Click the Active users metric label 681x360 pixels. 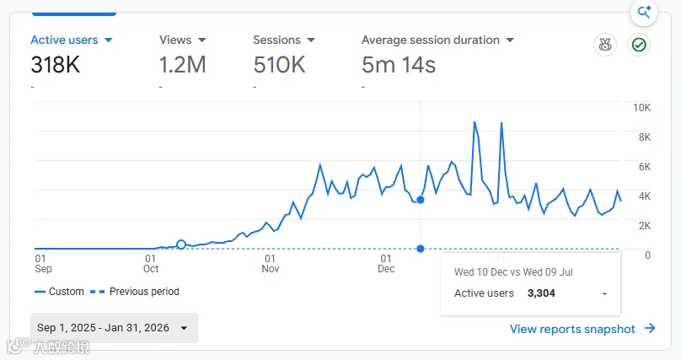(x=64, y=40)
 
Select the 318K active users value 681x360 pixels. (x=56, y=65)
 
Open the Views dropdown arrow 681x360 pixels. (x=202, y=40)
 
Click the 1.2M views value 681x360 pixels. (x=182, y=65)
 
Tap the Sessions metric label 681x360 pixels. (x=276, y=40)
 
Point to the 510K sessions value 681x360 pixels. (x=279, y=65)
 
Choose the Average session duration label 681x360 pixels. (x=431, y=40)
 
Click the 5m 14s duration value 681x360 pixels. (x=399, y=65)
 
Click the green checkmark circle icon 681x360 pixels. (x=639, y=45)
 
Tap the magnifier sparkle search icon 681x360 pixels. (x=644, y=12)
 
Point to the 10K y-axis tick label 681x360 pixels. (x=641, y=108)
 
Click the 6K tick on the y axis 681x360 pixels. (x=645, y=167)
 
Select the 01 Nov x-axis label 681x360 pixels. (x=271, y=264)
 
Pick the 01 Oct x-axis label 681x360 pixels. (x=151, y=264)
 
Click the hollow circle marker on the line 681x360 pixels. (x=181, y=244)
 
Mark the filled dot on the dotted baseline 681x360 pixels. (x=421, y=249)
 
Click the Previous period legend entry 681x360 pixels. (x=134, y=292)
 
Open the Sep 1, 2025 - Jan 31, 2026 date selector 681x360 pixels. (x=114, y=328)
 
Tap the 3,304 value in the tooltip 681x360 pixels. (x=541, y=293)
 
